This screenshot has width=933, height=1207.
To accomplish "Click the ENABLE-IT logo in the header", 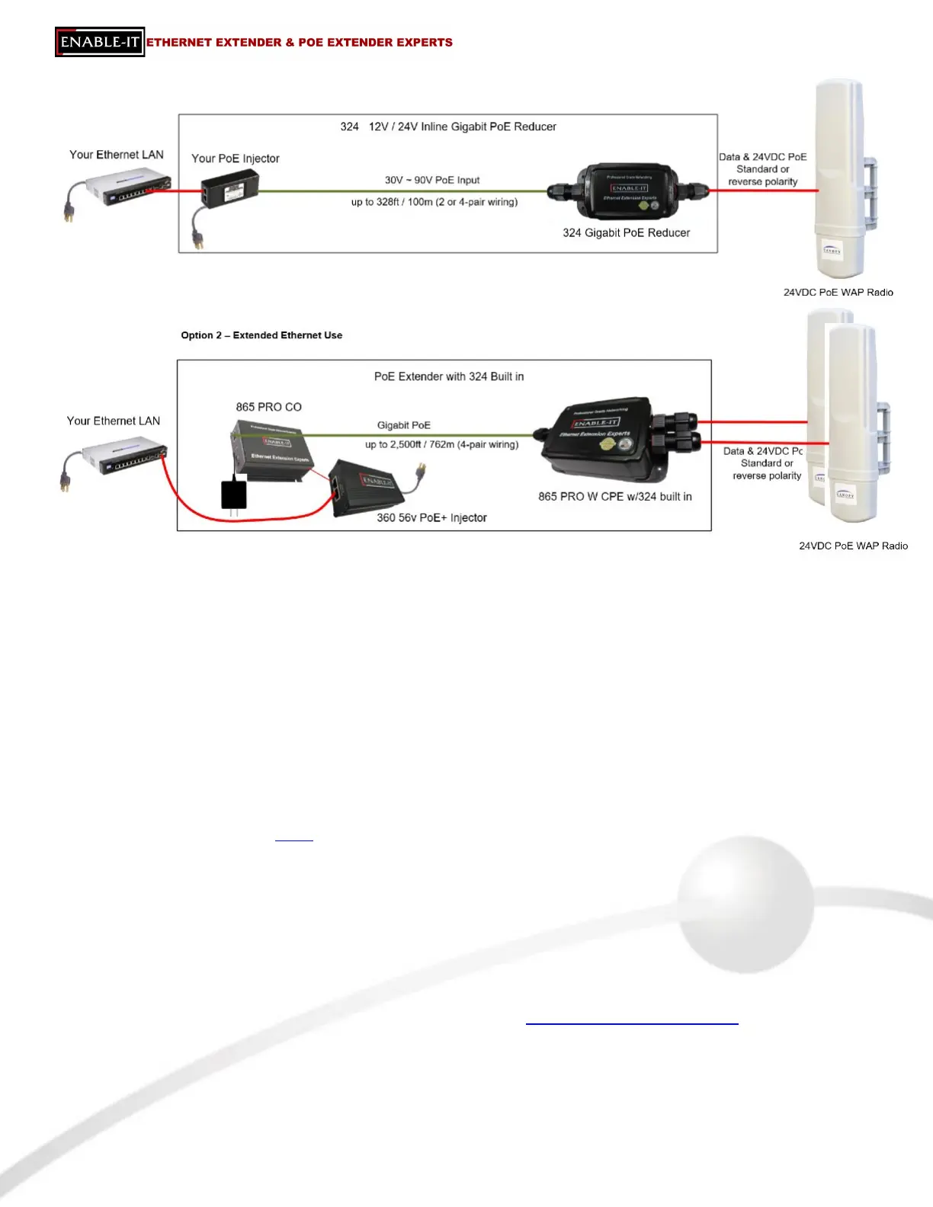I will coord(100,42).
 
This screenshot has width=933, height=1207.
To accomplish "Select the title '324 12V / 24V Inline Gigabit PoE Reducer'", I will coord(448,126).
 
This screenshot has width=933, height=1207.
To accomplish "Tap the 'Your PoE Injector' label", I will coord(235,158).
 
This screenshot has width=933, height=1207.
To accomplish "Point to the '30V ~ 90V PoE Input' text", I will coord(432,181).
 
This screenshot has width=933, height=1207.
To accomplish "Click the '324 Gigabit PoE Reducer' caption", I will coord(626,233).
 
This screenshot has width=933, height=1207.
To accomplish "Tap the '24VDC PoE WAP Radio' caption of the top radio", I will coord(838,293).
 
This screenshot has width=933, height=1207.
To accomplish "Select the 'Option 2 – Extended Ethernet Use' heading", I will coord(261,335).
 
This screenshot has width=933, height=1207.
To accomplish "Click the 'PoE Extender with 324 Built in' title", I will coord(448,376).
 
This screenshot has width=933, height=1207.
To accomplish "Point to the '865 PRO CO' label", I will coord(268,407).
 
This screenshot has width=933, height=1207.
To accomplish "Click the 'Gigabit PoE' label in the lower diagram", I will coord(403,425).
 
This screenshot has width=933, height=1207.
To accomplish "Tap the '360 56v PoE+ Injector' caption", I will coord(431,518).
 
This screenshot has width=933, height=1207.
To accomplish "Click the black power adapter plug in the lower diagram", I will coord(234,494).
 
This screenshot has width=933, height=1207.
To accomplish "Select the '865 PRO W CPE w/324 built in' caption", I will coord(614,497).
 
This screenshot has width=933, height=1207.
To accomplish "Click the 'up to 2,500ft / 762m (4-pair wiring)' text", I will coord(441,444).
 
